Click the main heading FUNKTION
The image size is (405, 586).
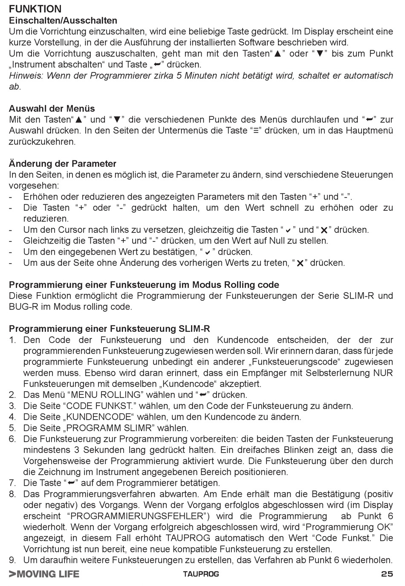click(x=35, y=9)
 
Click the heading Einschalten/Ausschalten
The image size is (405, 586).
click(x=63, y=20)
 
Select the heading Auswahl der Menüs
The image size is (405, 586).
click(x=52, y=108)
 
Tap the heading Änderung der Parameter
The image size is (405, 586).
click(x=62, y=164)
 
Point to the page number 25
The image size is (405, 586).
click(x=387, y=574)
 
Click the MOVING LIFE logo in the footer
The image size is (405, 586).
click(x=44, y=574)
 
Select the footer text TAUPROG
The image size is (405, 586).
click(x=201, y=574)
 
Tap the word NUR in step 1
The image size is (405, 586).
click(x=383, y=373)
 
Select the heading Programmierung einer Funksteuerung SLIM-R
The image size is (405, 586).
click(x=109, y=329)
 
